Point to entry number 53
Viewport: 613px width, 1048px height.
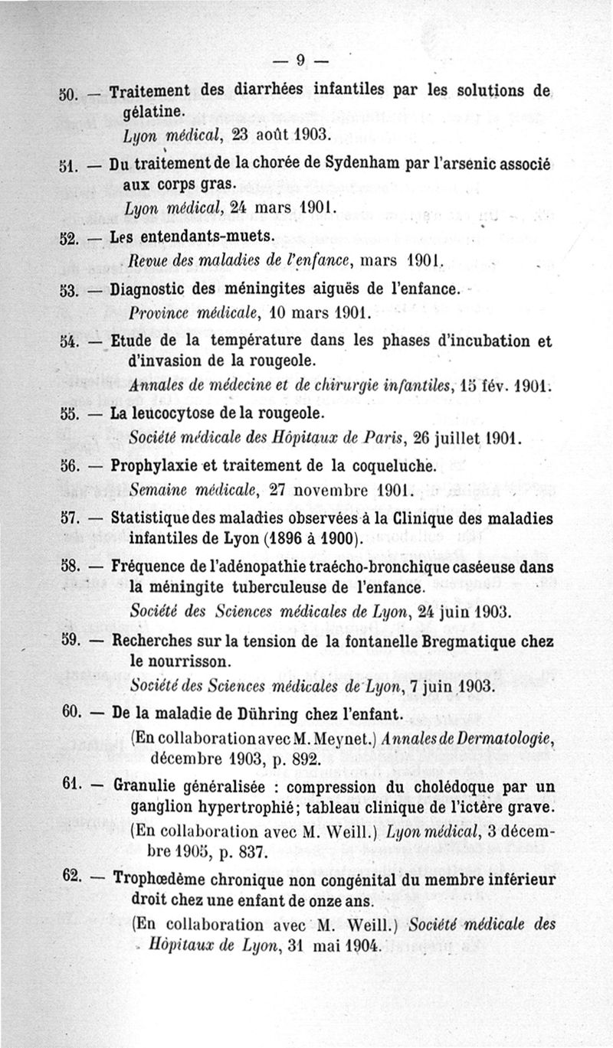point(70,291)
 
